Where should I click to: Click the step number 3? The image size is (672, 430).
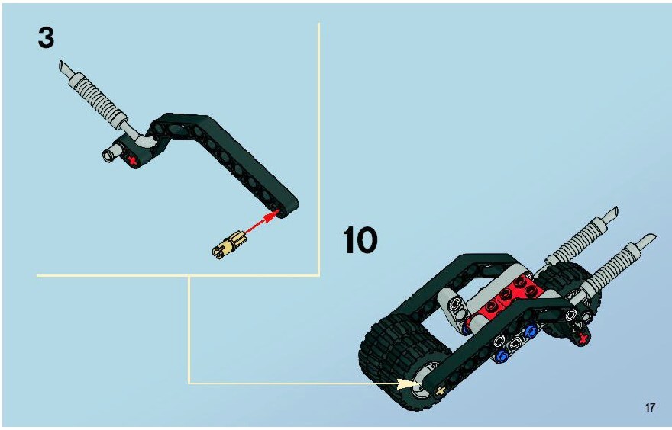46,38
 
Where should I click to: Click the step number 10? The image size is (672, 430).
360,240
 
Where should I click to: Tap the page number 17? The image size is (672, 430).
650,407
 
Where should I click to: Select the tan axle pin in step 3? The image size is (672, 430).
229,246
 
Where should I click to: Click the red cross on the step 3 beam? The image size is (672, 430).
133,161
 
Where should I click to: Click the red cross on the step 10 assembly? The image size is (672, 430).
582,338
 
